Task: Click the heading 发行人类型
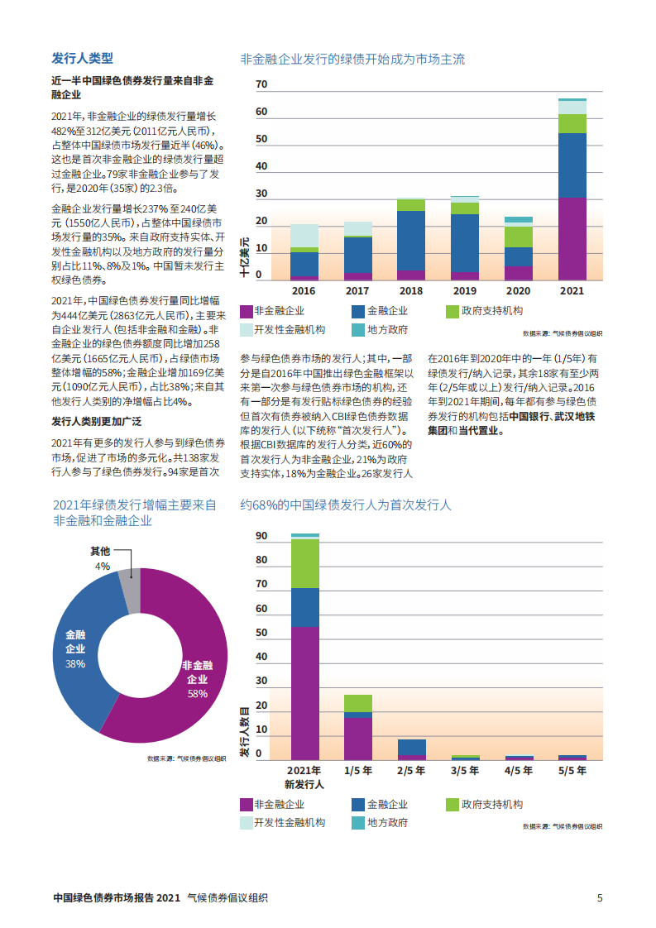click(x=82, y=59)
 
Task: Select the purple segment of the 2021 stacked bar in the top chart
click(x=572, y=239)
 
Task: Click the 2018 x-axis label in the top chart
click(x=410, y=291)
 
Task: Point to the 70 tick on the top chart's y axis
click(x=261, y=85)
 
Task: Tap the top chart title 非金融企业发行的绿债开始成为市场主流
click(x=352, y=60)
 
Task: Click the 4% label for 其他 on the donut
click(x=103, y=567)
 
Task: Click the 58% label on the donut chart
click(x=198, y=694)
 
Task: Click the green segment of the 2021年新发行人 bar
click(x=304, y=563)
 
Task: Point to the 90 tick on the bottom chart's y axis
click(x=261, y=536)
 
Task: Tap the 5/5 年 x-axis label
click(x=572, y=770)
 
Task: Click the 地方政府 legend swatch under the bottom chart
click(x=357, y=823)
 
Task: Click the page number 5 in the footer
click(x=600, y=897)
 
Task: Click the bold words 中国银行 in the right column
click(x=529, y=417)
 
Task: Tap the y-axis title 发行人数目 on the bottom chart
click(x=246, y=733)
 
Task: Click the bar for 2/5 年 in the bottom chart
click(x=411, y=748)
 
